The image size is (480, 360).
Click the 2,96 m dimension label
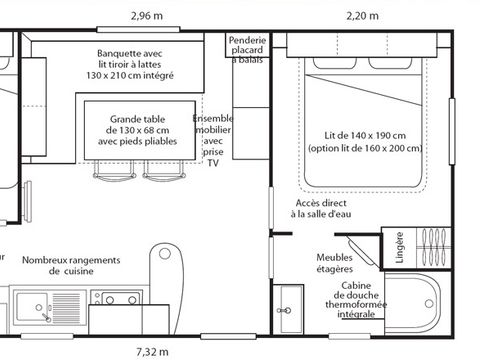pyautogui.click(x=147, y=16)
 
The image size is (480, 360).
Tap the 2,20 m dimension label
pyautogui.click(x=362, y=16)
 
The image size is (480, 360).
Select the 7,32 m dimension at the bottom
pyautogui.click(x=152, y=352)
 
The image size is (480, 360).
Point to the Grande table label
pyautogui.click(x=137, y=119)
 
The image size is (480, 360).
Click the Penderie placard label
pyautogui.click(x=247, y=45)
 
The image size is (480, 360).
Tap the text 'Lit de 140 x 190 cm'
pyautogui.click(x=365, y=136)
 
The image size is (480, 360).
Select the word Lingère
pyautogui.click(x=399, y=248)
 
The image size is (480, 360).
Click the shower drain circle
pyautogui.click(x=429, y=304)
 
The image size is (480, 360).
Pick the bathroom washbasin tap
pyautogui.click(x=284, y=311)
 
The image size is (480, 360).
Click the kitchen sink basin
pyautogui.click(x=32, y=307)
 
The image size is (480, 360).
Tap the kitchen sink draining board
pyautogui.click(x=66, y=308)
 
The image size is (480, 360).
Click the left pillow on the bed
pyautogui.click(x=334, y=63)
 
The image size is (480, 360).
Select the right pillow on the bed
pyautogui.click(x=390, y=63)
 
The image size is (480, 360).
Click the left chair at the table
pyautogui.click(x=114, y=171)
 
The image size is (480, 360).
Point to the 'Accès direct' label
pyautogui.click(x=321, y=203)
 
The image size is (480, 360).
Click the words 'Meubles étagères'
pyautogui.click(x=334, y=263)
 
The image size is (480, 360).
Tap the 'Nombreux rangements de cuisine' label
pyautogui.click(x=71, y=265)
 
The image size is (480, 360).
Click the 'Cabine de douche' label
pyautogui.click(x=356, y=290)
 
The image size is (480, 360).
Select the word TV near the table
pyautogui.click(x=213, y=163)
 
